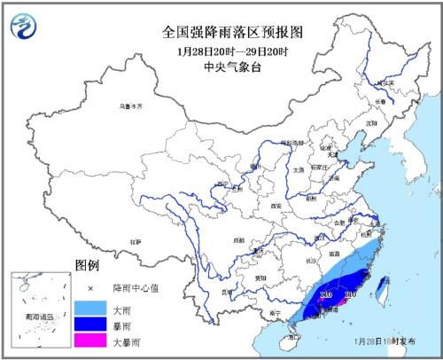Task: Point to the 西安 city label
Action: (x=266, y=206)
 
